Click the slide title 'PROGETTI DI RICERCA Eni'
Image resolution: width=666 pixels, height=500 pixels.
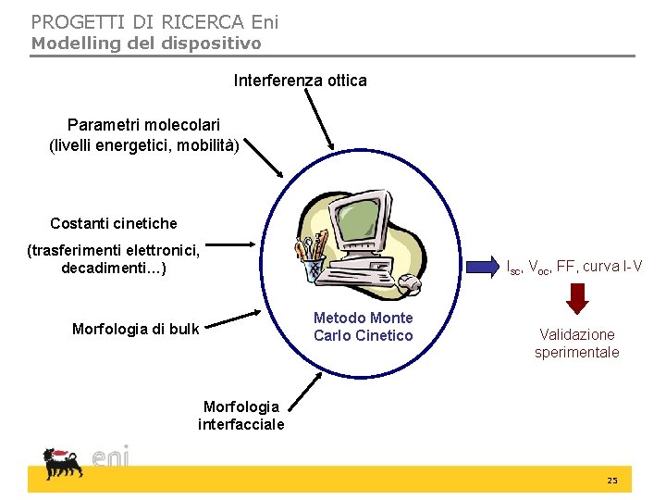click(154, 20)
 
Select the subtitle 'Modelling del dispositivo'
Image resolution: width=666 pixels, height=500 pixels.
click(146, 43)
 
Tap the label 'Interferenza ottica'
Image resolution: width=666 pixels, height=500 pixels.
click(300, 81)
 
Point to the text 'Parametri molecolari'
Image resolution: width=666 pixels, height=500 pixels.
click(143, 124)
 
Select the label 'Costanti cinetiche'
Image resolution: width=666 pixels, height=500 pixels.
click(114, 223)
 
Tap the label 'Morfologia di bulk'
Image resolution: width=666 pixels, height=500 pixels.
click(135, 329)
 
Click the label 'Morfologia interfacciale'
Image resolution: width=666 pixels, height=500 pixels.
click(240, 416)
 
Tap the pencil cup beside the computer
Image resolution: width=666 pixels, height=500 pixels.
click(311, 262)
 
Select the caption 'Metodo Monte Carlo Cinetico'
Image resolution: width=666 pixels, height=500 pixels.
click(363, 327)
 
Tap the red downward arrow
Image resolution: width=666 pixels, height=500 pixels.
click(577, 299)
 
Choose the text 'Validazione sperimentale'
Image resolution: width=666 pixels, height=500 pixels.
click(576, 344)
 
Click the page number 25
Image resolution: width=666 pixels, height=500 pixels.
click(611, 480)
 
